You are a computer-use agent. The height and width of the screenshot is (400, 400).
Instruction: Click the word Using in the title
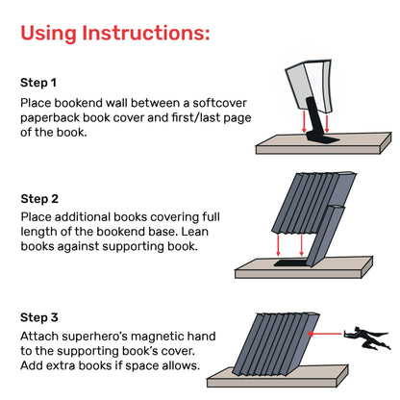coord(59,35)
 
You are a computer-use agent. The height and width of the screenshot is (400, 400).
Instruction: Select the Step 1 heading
coord(39,83)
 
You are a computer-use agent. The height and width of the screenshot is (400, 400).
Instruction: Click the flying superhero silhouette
coord(366,335)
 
